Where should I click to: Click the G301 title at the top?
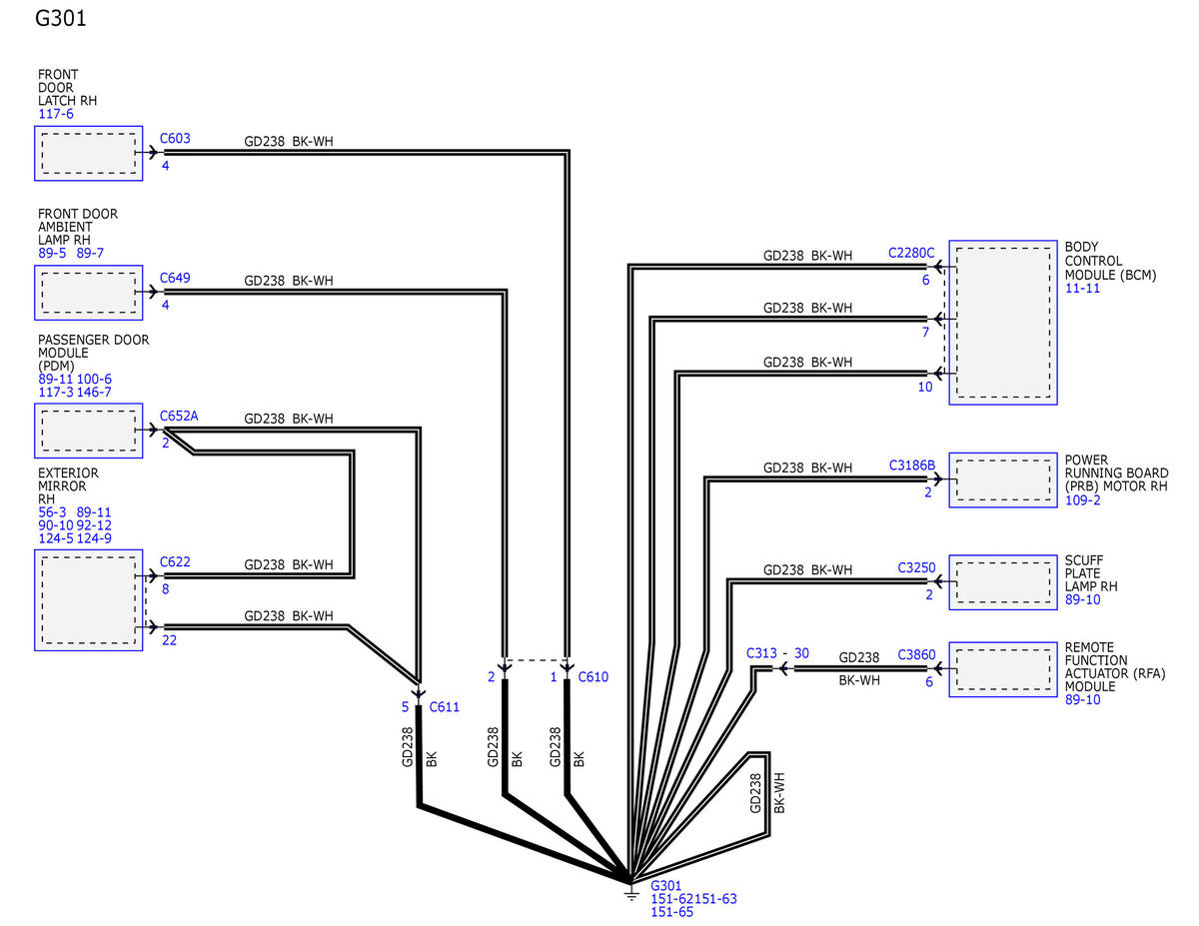pos(61,18)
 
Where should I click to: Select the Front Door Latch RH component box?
pos(88,153)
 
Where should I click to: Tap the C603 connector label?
pos(175,139)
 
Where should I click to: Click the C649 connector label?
pos(175,278)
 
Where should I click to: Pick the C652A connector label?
pos(179,416)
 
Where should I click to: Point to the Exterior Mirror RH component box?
pos(88,600)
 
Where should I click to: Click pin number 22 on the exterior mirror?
pos(170,640)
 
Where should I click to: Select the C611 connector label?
pos(445,707)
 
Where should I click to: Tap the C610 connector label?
pos(594,677)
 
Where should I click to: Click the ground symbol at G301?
pos(631,893)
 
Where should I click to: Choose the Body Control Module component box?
pos(1003,323)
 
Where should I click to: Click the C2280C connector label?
pos(911,253)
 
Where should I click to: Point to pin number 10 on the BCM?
pos(925,388)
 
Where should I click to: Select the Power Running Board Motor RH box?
pos(1003,479)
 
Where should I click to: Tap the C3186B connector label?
pos(912,465)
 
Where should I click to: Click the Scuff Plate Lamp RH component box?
pos(1003,582)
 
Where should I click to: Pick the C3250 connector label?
pos(917,568)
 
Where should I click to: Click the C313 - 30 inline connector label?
pos(777,653)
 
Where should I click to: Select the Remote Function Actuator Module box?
pos(1003,669)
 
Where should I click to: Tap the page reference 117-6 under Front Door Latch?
pos(56,114)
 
